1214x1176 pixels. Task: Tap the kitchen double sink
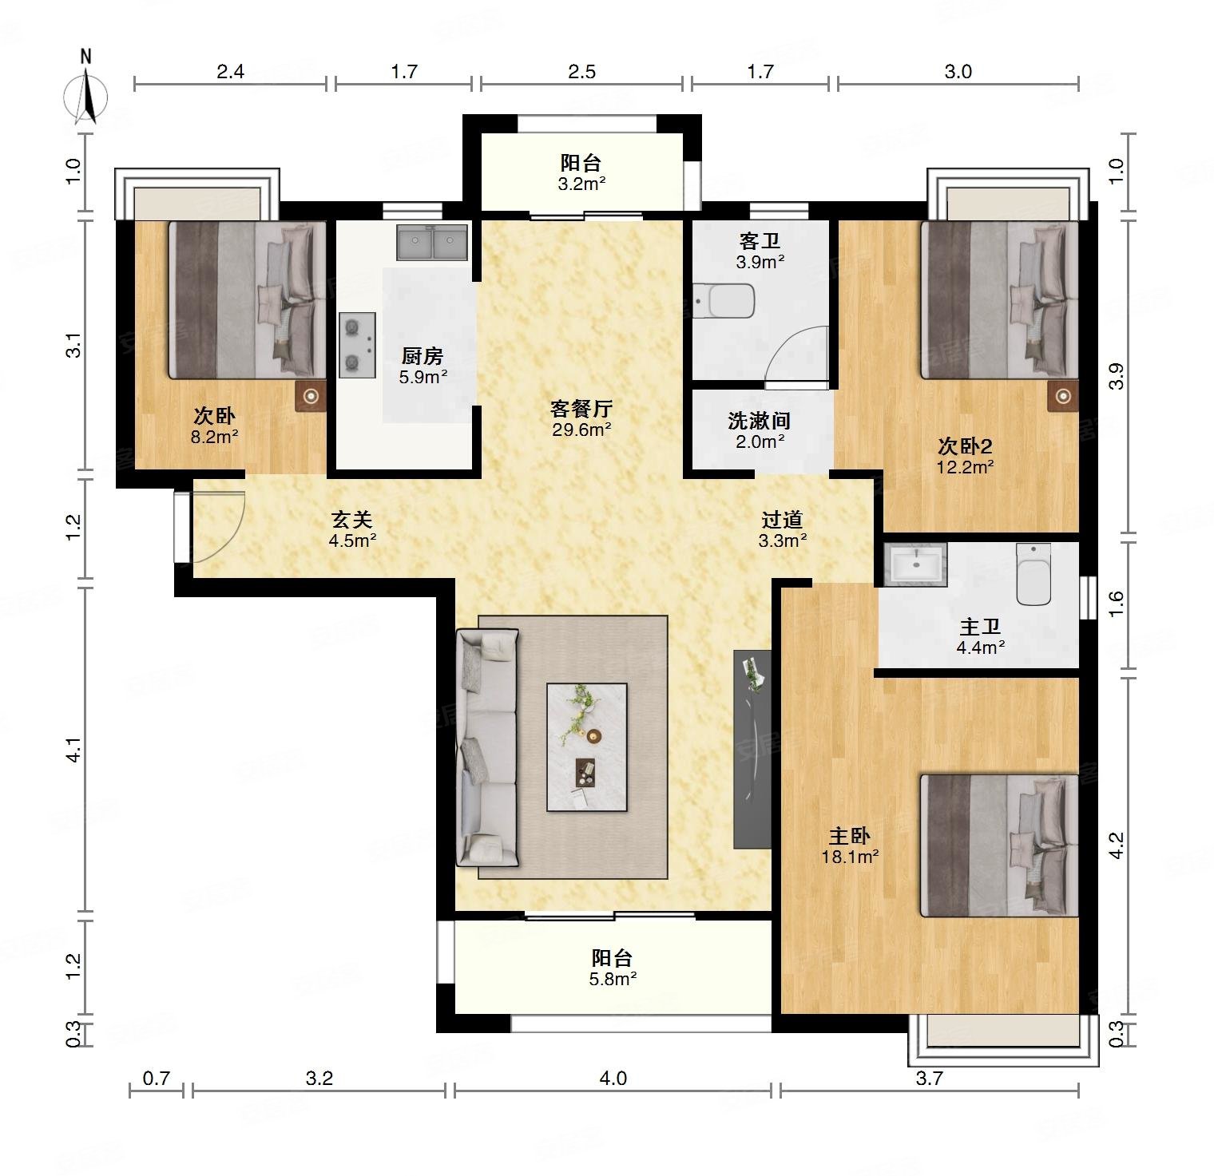point(432,242)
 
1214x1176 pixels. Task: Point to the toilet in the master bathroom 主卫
point(1035,574)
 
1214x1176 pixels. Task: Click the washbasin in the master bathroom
point(915,564)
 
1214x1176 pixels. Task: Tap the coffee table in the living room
point(586,747)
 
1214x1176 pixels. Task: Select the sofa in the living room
point(487,747)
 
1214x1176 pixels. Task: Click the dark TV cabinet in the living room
point(752,749)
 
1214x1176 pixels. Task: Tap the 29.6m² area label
point(581,430)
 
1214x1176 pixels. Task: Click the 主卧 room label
point(849,836)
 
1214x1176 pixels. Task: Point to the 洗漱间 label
point(759,420)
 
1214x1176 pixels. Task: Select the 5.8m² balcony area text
point(613,979)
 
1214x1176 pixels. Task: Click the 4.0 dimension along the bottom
point(613,1079)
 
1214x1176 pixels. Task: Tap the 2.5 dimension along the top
point(581,72)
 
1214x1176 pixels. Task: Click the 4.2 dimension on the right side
point(1117,845)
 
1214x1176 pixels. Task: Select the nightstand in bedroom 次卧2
point(1063,395)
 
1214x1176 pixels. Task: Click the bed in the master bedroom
point(999,845)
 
